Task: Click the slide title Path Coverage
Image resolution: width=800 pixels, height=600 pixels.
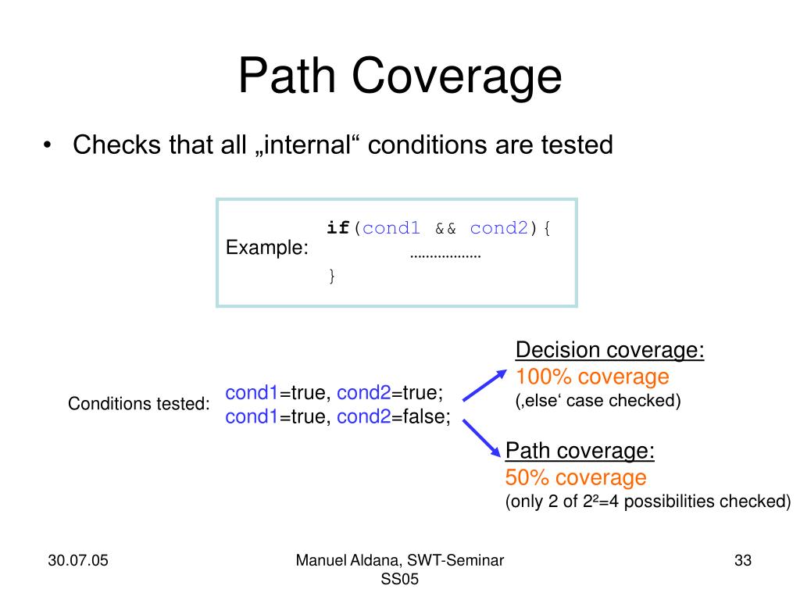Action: click(x=400, y=77)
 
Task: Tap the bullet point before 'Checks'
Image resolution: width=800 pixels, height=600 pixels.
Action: click(x=48, y=146)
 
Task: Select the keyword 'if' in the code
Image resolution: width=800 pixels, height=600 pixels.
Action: click(x=338, y=228)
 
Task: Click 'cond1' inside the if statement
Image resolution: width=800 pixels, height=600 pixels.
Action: click(x=391, y=228)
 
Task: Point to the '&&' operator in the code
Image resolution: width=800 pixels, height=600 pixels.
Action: click(x=445, y=228)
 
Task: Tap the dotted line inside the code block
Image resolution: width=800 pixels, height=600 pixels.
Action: click(x=445, y=255)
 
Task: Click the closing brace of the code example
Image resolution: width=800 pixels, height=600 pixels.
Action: click(x=331, y=275)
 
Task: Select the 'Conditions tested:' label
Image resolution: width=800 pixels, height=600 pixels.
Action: click(x=139, y=404)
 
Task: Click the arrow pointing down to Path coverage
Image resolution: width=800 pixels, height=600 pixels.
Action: click(x=483, y=437)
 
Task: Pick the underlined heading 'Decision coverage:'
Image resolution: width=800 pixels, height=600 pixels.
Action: click(x=610, y=351)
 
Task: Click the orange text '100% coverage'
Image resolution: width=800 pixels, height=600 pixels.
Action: click(x=592, y=377)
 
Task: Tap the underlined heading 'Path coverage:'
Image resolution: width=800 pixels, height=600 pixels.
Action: click(x=580, y=451)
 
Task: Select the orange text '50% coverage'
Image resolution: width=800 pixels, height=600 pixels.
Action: click(x=576, y=477)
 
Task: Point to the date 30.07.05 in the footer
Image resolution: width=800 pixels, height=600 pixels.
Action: click(x=77, y=561)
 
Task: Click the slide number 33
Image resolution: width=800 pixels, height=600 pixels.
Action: click(x=742, y=561)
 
